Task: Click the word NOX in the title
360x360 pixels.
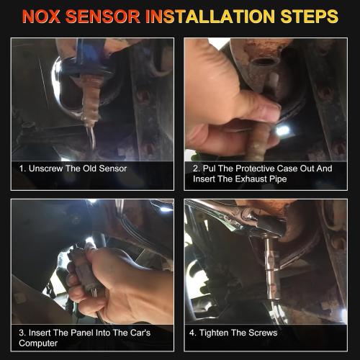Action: pyautogui.click(x=41, y=17)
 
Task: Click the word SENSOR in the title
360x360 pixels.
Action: pyautogui.click(x=102, y=17)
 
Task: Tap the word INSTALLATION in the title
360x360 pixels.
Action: pyautogui.click(x=210, y=17)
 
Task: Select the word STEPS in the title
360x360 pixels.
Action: pyautogui.click(x=309, y=17)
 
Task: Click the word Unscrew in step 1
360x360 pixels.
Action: pyautogui.click(x=45, y=168)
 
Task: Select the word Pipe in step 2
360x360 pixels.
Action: pyautogui.click(x=278, y=179)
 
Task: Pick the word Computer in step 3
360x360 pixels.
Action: pyautogui.click(x=38, y=343)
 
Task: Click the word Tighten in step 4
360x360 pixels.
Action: pyautogui.click(x=214, y=333)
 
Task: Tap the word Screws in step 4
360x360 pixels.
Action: pyautogui.click(x=263, y=333)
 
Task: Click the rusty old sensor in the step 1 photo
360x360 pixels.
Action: pyautogui.click(x=91, y=101)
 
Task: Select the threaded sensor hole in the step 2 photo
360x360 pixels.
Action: pyautogui.click(x=264, y=62)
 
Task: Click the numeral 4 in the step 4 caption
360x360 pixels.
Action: pyautogui.click(x=192, y=333)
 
